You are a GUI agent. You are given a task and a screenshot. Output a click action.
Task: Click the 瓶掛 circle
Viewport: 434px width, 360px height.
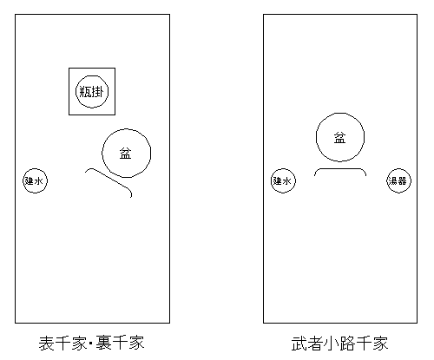[92, 76]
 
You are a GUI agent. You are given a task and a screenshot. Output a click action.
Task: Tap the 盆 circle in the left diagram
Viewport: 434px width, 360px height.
[127, 129]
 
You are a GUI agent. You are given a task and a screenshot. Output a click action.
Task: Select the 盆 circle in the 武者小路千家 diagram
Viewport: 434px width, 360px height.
[340, 113]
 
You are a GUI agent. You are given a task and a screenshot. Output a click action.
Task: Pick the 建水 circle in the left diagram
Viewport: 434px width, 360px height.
[35, 169]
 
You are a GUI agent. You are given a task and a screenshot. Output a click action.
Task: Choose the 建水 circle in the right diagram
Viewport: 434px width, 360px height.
[283, 169]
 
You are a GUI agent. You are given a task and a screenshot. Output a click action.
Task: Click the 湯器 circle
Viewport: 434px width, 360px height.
[399, 169]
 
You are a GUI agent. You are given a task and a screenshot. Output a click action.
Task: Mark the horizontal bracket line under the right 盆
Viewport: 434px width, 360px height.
[340, 169]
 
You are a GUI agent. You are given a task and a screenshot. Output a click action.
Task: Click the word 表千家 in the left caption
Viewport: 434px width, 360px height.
[62, 344]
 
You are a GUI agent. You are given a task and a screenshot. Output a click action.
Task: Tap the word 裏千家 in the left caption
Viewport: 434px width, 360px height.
[120, 344]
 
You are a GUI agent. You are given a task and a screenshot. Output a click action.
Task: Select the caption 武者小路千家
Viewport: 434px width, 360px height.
[339, 344]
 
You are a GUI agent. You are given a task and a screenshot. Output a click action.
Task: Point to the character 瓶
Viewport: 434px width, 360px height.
[85, 92]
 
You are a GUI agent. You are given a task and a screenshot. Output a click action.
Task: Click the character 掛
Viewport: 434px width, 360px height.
[97, 92]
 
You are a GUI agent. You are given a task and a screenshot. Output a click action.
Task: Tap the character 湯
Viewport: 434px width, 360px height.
[394, 181]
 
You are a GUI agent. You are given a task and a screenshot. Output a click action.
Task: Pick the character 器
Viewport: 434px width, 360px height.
[403, 181]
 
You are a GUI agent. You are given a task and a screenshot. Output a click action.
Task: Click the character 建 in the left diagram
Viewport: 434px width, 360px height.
[30, 181]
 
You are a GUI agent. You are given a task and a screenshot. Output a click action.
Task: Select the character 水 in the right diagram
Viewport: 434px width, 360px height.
[287, 181]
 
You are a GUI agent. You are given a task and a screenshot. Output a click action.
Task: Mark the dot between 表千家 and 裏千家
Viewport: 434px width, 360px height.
[91, 344]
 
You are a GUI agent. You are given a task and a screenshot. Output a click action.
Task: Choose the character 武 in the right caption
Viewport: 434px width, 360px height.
[299, 344]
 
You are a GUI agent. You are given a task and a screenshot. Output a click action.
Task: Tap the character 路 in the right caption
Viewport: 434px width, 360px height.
[348, 344]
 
